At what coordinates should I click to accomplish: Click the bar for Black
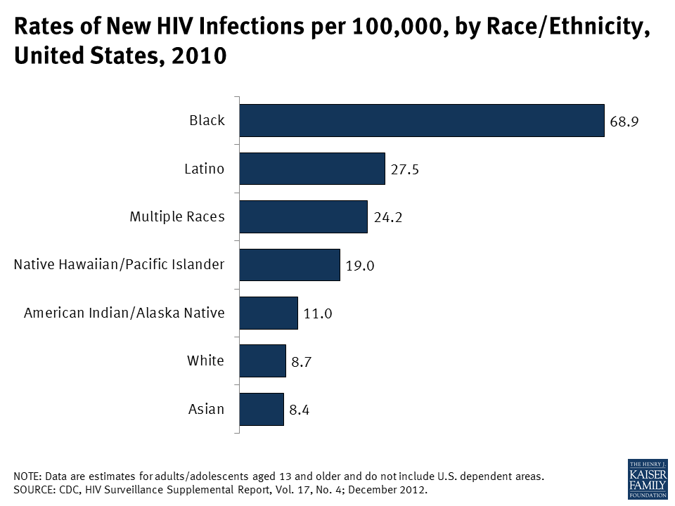coord(422,120)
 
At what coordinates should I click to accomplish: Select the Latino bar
coord(312,169)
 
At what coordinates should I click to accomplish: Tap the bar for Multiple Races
coord(303,216)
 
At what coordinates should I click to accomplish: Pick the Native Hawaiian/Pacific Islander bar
coord(290,264)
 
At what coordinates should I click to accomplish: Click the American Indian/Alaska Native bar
coord(269,313)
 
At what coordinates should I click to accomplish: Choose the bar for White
coord(263,361)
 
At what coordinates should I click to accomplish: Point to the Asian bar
coord(262,408)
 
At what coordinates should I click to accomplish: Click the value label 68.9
coord(624,122)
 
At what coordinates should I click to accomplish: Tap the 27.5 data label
coord(404,169)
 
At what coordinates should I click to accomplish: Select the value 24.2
coord(387,218)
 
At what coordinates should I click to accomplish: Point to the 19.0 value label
coord(359,266)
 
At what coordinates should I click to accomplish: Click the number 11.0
coord(317,313)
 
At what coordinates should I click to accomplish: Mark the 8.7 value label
coord(302,362)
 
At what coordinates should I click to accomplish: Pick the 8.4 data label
coord(300,410)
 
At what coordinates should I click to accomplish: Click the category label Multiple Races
coord(177,216)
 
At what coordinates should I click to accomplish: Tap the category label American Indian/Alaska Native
coord(124,313)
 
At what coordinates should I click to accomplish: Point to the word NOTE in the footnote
coord(27,476)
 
